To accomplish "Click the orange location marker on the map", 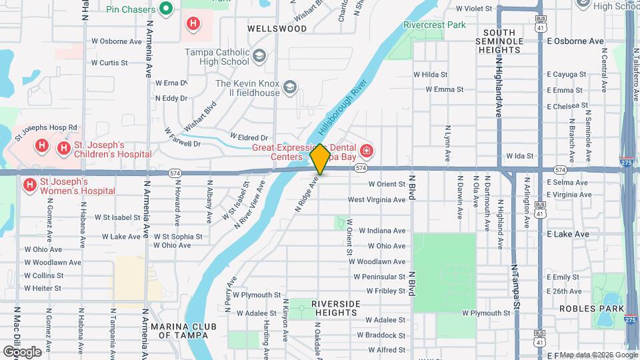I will [x=320, y=159].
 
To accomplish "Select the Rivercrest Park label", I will [x=434, y=25].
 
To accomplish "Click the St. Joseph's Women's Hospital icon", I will [x=29, y=184].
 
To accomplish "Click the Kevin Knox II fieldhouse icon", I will [x=290, y=87].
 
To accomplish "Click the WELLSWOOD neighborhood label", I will [x=277, y=29].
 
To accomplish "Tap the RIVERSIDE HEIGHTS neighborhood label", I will [x=335, y=308].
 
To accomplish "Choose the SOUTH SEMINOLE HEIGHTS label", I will [x=509, y=41].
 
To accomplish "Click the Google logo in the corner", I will [x=22, y=351].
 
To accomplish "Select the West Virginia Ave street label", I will [x=376, y=199].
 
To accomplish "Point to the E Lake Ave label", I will [x=568, y=234].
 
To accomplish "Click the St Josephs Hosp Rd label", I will [x=46, y=127].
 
